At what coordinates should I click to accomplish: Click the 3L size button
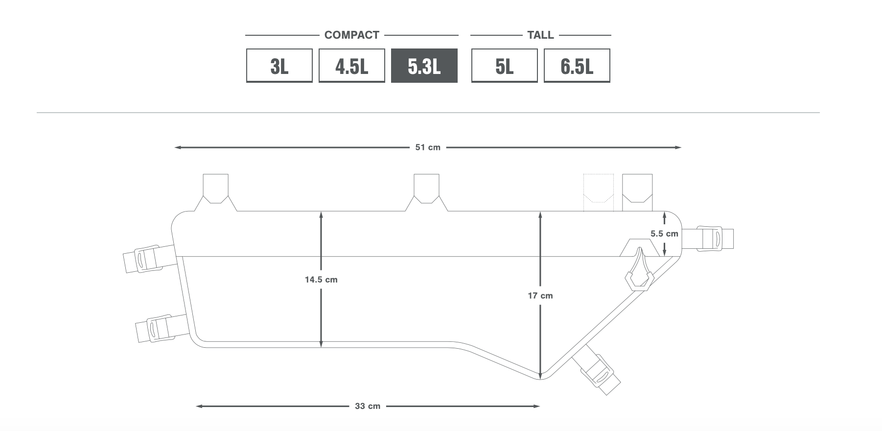pyautogui.click(x=279, y=66)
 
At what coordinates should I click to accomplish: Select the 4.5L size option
pyautogui.click(x=351, y=66)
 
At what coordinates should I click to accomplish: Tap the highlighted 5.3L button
pyautogui.click(x=424, y=66)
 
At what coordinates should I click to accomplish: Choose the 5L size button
pyautogui.click(x=504, y=66)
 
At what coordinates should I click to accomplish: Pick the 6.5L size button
pyautogui.click(x=577, y=66)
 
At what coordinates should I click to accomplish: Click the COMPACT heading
pyautogui.click(x=352, y=35)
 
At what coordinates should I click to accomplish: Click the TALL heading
pyautogui.click(x=540, y=35)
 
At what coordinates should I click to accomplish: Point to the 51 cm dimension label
pyautogui.click(x=428, y=147)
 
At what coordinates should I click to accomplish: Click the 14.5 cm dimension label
pyautogui.click(x=321, y=280)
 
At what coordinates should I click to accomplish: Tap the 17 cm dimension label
pyautogui.click(x=540, y=296)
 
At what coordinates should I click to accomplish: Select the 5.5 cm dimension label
pyautogui.click(x=664, y=234)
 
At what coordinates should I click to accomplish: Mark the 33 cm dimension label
pyautogui.click(x=368, y=406)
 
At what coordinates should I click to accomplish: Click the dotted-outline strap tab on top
pyautogui.click(x=598, y=192)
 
